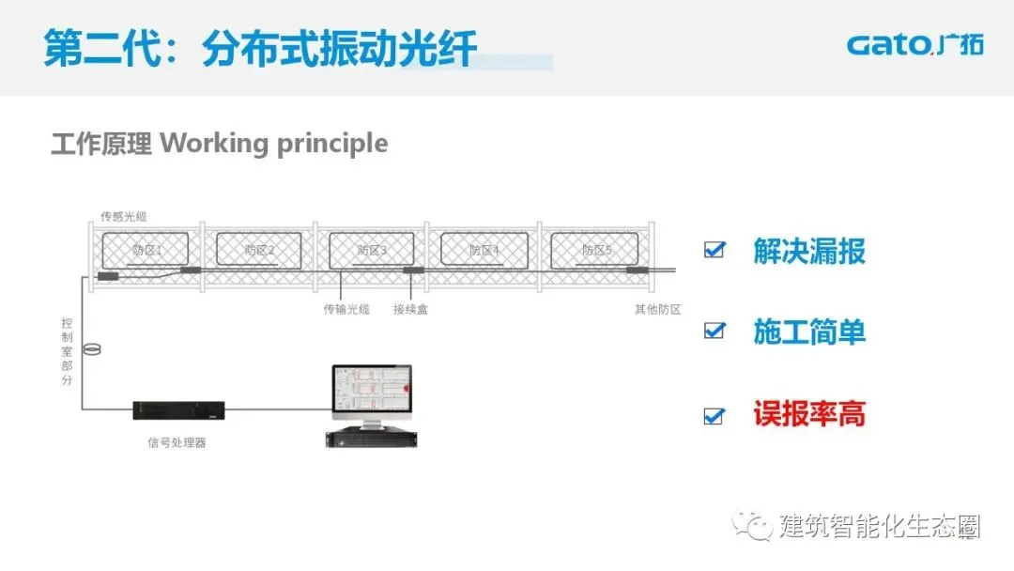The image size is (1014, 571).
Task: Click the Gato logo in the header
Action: pyautogui.click(x=914, y=45)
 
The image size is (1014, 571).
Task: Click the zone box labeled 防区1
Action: pyautogui.click(x=146, y=249)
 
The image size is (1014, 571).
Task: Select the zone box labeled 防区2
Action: pyautogui.click(x=258, y=249)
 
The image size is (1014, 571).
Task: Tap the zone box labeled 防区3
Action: pyautogui.click(x=371, y=249)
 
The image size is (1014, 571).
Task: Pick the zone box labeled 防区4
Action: pyautogui.click(x=484, y=249)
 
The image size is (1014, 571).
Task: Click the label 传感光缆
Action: pyautogui.click(x=123, y=217)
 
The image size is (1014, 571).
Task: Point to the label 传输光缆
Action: pyautogui.click(x=346, y=309)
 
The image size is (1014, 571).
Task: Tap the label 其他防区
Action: pyautogui.click(x=657, y=309)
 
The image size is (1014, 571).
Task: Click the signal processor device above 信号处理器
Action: pyautogui.click(x=178, y=409)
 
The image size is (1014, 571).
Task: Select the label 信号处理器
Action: pyautogui.click(x=177, y=442)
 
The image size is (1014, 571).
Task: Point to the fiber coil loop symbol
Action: pyautogui.click(x=91, y=350)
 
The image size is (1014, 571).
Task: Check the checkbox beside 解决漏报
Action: pyautogui.click(x=715, y=250)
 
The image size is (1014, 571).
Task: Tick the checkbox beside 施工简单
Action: pyautogui.click(x=715, y=331)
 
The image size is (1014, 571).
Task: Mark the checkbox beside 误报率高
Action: pyautogui.click(x=715, y=414)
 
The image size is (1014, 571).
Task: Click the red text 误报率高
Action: pyautogui.click(x=808, y=413)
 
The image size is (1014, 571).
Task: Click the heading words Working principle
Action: pyautogui.click(x=273, y=144)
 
